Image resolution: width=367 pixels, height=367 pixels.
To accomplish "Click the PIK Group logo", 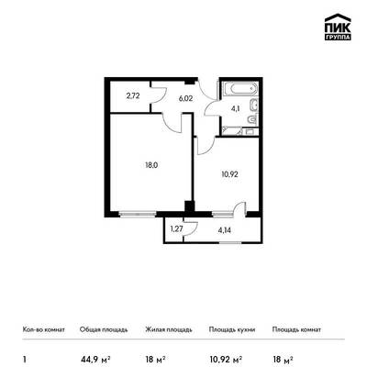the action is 338,28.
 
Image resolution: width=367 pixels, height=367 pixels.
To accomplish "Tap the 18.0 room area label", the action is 151,165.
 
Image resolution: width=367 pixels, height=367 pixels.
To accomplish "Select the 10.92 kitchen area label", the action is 229,174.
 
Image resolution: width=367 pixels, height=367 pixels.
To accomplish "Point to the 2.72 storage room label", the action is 133,96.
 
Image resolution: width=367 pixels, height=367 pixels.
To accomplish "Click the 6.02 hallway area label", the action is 185,99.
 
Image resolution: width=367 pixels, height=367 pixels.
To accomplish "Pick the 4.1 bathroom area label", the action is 235,108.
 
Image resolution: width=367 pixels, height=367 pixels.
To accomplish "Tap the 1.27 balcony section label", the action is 176,229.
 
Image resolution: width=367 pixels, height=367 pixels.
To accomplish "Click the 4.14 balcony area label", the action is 225,230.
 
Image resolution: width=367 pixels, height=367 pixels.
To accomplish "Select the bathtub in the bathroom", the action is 240,89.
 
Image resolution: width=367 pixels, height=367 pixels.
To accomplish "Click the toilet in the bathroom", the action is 253,118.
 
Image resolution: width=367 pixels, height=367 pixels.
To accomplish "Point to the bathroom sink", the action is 254,106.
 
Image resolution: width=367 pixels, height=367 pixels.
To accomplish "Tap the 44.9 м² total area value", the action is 95,359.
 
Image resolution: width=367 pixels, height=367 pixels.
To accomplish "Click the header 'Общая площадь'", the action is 104,329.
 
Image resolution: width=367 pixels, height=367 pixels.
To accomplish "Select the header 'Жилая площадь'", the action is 169,329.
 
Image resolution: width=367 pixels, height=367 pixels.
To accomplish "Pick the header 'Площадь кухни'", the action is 232,329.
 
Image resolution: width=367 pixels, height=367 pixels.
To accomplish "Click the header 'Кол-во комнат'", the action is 44,329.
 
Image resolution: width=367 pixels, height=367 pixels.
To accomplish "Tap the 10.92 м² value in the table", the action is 226,359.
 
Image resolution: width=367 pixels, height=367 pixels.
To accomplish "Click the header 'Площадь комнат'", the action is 296,329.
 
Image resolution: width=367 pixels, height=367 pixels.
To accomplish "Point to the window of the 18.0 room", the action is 138,215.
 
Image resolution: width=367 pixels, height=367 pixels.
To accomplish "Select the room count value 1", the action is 24,359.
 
